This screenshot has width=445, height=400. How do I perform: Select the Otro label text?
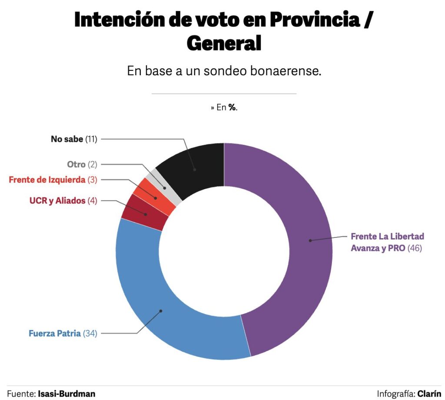coord(76,164)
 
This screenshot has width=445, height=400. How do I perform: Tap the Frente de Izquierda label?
coord(47,179)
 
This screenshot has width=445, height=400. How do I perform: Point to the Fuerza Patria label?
coord(55,333)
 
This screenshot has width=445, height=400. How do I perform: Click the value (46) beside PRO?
coord(415,248)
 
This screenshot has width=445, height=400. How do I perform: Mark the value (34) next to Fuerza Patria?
coord(90,333)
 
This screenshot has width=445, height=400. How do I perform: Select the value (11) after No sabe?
coord(91,140)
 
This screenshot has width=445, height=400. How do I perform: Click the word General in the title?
coord(224,43)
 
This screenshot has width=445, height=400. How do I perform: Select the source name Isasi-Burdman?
coord(66,393)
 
